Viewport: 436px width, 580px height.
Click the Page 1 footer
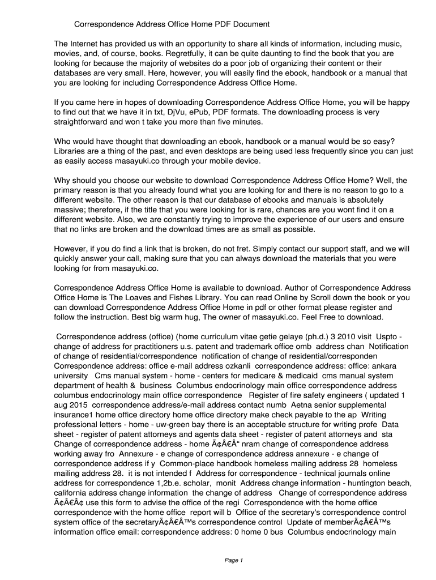[x=233, y=560]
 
